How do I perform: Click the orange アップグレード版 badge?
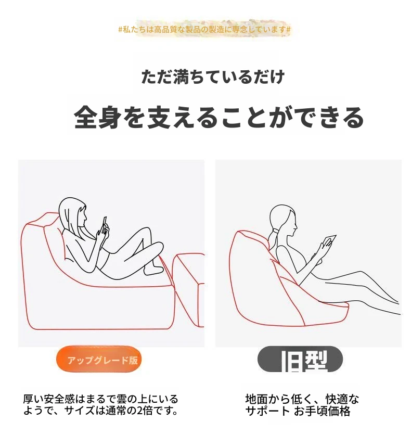[x=99, y=359]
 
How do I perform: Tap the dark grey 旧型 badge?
[x=300, y=359]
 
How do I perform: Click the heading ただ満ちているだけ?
[x=213, y=76]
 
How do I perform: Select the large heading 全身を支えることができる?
[x=219, y=118]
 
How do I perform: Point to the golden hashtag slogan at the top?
[x=204, y=29]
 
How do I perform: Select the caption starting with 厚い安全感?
[x=100, y=404]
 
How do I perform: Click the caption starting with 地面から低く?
[x=302, y=405]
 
